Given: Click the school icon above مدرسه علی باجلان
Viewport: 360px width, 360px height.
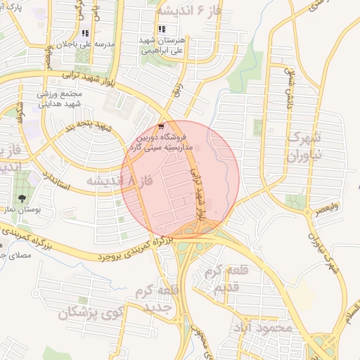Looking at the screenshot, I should click(86, 32).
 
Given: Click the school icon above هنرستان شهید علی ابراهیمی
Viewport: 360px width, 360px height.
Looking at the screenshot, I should click(162, 29).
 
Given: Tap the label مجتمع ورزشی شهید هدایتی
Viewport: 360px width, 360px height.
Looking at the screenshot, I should click(61, 98).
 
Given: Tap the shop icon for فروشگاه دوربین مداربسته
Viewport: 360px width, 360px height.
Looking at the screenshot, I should click(162, 127).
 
